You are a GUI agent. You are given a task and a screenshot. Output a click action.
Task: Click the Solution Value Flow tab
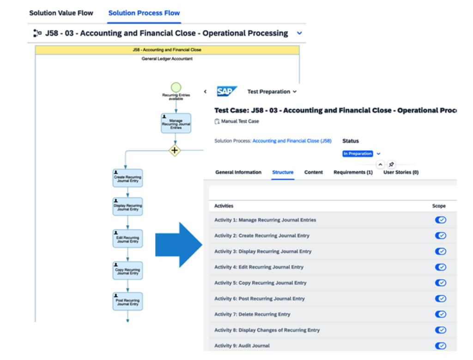61,13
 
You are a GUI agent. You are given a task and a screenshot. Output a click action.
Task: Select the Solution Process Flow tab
144,13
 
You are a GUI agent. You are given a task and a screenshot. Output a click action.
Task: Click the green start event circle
176,87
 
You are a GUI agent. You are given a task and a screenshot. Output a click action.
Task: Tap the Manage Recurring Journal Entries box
176,123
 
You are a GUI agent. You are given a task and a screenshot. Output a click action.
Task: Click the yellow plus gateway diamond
175,150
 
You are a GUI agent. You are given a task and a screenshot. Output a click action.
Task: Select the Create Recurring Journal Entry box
127,178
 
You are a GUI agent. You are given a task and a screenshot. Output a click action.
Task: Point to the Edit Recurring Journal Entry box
127,239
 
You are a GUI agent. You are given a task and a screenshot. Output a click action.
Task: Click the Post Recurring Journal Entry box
127,301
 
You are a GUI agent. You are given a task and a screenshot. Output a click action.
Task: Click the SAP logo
227,91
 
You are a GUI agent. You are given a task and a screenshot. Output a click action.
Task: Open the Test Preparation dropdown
272,92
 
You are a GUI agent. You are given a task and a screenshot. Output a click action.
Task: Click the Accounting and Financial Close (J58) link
292,141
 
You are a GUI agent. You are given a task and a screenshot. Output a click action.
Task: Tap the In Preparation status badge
358,154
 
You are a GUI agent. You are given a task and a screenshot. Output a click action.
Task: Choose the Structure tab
283,172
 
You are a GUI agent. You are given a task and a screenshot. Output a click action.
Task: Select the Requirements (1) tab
353,172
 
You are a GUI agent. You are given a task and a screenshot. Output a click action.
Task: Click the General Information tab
238,172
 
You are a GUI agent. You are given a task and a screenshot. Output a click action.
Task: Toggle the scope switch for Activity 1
440,220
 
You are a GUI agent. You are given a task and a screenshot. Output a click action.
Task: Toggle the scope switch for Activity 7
440,314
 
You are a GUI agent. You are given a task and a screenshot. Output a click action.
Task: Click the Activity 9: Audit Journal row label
242,346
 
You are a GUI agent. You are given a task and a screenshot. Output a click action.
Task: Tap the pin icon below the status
391,164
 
